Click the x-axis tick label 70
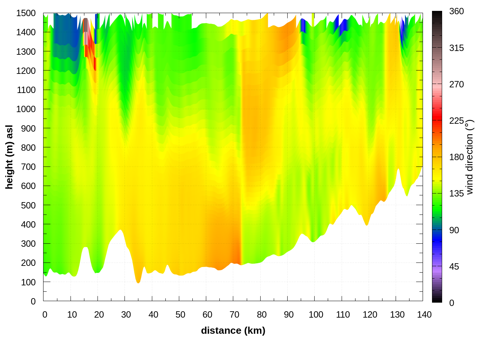234,315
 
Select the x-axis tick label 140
424,315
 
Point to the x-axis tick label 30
126,315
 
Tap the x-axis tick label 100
316,315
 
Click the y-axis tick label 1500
26,13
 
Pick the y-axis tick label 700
28,167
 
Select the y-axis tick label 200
28,263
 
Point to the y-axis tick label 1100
26,90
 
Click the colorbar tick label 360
456,11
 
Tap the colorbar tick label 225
456,121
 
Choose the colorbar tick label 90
454,230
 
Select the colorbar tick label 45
454,267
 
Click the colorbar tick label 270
456,84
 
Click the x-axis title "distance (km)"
233,330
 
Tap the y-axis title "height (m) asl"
9,157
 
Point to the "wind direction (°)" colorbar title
469,157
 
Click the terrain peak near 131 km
399,169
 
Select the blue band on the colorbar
437,240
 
